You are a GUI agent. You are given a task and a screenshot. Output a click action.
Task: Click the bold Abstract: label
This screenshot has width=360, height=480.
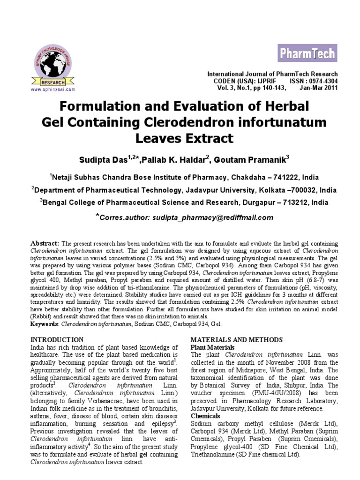point(45,244)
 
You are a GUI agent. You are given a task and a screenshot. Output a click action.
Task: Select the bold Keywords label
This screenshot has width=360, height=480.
point(44,323)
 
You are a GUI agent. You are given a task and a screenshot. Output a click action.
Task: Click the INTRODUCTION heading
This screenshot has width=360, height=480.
point(57,339)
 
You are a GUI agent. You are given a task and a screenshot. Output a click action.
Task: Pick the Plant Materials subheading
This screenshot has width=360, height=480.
point(212,347)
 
